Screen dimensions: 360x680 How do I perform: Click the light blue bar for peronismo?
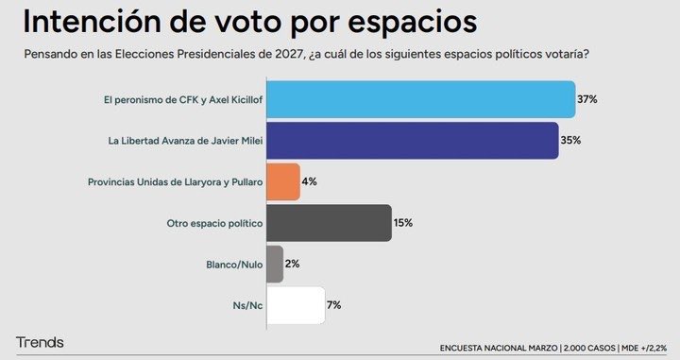(421, 99)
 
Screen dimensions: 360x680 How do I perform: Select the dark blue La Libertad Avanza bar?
(413, 141)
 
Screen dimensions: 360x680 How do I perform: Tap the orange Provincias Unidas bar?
(283, 181)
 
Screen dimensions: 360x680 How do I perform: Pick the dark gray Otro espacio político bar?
(329, 223)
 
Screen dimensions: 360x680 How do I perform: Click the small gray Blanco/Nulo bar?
(275, 264)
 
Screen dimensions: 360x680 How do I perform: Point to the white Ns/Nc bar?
(296, 305)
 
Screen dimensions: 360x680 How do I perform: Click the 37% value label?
(588, 99)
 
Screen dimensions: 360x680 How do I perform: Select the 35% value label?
(571, 141)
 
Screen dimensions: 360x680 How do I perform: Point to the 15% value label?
(403, 223)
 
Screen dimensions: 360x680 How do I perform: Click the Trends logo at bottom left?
(40, 341)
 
